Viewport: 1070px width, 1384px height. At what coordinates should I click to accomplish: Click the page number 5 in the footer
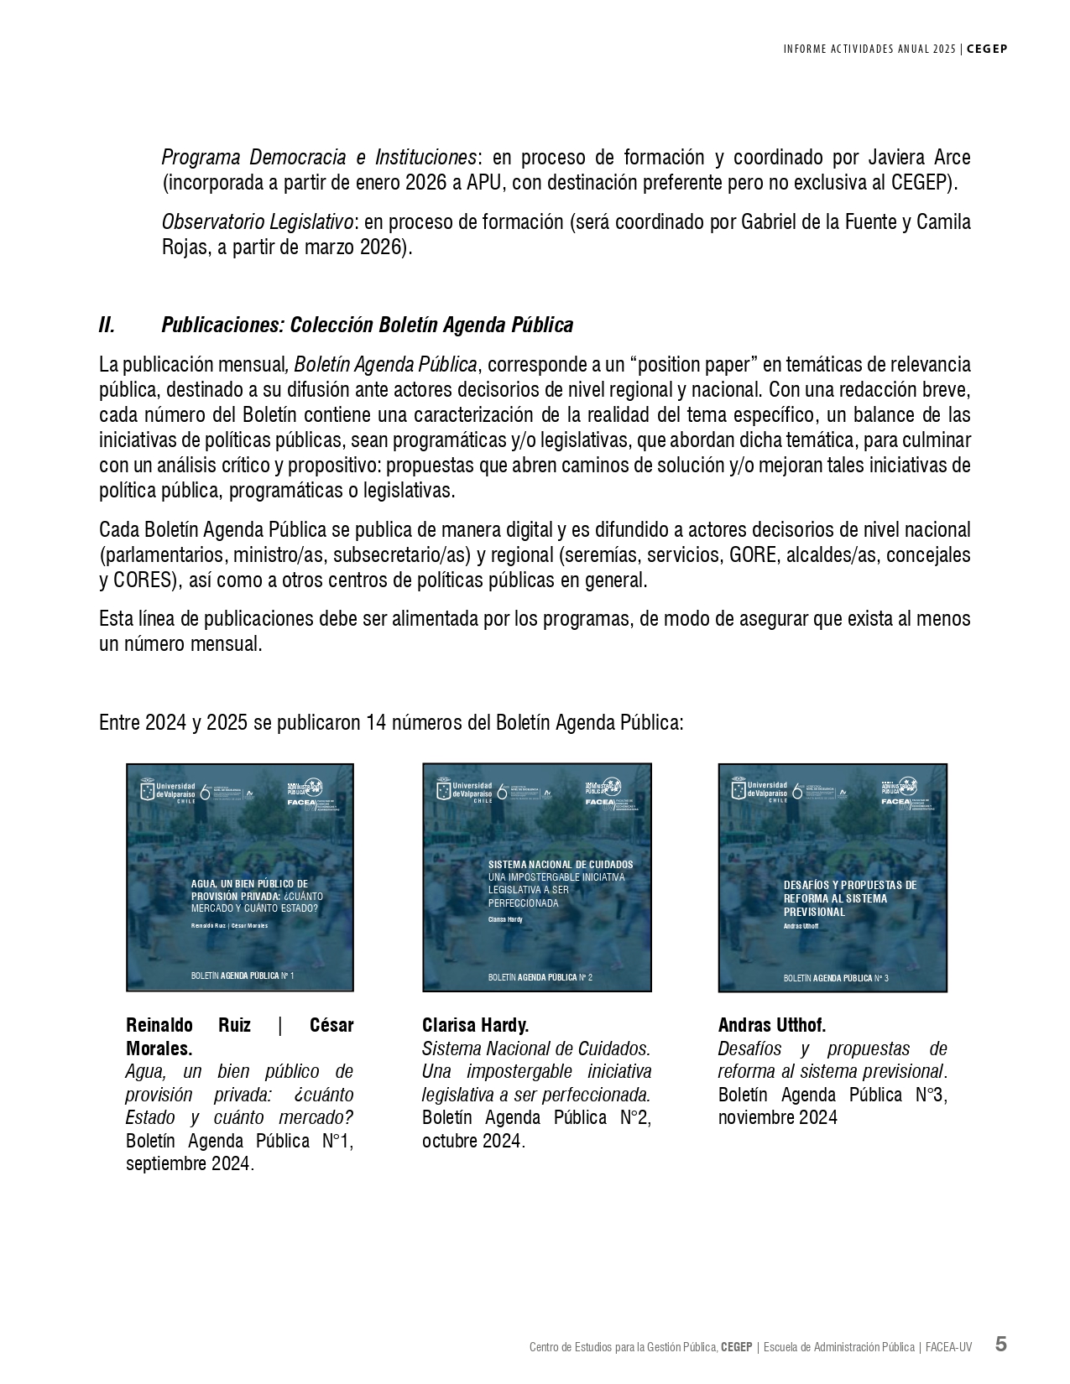coord(1000,1344)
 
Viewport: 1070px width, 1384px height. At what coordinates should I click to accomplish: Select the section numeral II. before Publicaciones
coord(107,325)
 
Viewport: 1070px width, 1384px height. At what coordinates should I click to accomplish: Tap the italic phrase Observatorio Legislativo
coord(258,222)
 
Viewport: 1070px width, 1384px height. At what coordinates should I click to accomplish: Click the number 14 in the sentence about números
coord(375,723)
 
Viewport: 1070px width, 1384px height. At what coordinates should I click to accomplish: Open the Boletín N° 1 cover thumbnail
coord(240,877)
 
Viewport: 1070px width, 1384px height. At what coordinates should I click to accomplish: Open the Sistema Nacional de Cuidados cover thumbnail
coord(537,877)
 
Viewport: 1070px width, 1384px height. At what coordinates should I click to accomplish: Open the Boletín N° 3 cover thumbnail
coord(833,877)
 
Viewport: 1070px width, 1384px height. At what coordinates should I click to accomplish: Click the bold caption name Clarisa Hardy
coord(475,1025)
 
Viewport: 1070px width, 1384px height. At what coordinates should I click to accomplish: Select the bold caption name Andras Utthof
coord(772,1025)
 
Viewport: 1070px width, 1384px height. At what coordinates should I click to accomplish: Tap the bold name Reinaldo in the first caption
coord(159,1025)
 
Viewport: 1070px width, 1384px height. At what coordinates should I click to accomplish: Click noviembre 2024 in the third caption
coord(778,1117)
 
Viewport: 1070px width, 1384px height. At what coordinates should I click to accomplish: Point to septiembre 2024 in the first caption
coord(189,1164)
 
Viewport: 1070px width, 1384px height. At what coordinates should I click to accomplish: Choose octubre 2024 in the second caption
coord(472,1141)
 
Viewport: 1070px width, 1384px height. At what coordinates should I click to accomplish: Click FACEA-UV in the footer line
coord(948,1347)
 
